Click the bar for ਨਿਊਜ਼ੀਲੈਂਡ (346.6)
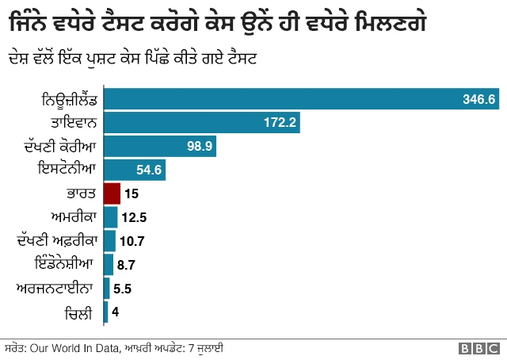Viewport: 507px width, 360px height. pos(301,99)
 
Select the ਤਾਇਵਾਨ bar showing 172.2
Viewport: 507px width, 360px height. pos(202,123)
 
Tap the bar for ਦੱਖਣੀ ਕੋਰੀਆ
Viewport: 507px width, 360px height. pos(159,147)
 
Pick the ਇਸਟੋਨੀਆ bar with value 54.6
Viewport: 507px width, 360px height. pos(134,170)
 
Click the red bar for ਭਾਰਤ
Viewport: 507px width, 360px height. pos(112,193)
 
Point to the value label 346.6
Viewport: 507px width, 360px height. pos(478,99)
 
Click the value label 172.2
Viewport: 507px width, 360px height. pos(280,123)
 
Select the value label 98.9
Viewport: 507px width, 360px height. pos(199,147)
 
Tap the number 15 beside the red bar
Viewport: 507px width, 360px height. pos(132,193)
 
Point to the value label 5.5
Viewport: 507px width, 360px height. pos(124,289)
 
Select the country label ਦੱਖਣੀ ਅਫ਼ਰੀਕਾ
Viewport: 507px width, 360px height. pos(56,240)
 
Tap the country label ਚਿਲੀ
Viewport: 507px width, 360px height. pos(80,312)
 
